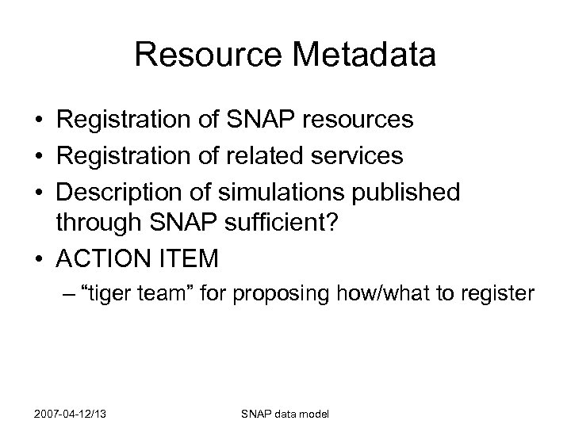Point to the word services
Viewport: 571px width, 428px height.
point(356,156)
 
